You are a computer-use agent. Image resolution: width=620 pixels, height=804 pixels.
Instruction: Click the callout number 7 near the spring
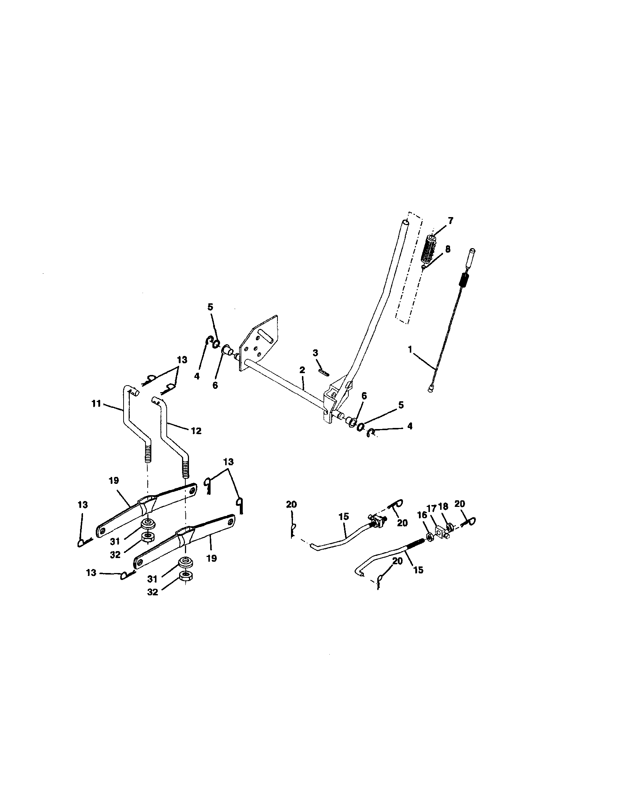click(x=450, y=221)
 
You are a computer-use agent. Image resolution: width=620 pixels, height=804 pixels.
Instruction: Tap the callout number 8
click(x=447, y=249)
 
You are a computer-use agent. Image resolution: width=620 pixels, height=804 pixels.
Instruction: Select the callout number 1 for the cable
click(x=410, y=350)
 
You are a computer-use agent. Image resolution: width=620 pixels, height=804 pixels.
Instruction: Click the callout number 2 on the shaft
click(x=302, y=370)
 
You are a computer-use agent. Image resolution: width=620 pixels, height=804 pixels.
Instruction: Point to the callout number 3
click(x=315, y=353)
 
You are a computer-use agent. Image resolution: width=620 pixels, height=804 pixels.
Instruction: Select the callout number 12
click(x=196, y=431)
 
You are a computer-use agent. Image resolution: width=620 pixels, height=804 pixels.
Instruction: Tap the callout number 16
click(x=421, y=515)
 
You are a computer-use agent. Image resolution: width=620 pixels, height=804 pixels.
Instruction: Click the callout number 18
click(x=443, y=506)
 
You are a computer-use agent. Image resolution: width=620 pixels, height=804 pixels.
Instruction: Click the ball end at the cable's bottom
click(x=431, y=388)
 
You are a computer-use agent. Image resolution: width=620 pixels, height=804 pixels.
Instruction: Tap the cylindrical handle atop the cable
click(x=472, y=257)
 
